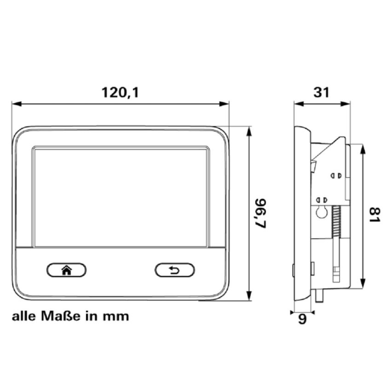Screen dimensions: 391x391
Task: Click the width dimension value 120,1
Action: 120,92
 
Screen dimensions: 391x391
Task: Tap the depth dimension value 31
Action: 322,92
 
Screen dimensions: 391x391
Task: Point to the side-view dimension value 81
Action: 375,215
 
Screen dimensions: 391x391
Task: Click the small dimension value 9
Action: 302,319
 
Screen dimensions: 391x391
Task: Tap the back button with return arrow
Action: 175,270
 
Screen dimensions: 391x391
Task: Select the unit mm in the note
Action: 118,317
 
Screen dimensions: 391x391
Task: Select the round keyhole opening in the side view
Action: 322,212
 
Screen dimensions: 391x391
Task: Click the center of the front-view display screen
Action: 121,196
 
